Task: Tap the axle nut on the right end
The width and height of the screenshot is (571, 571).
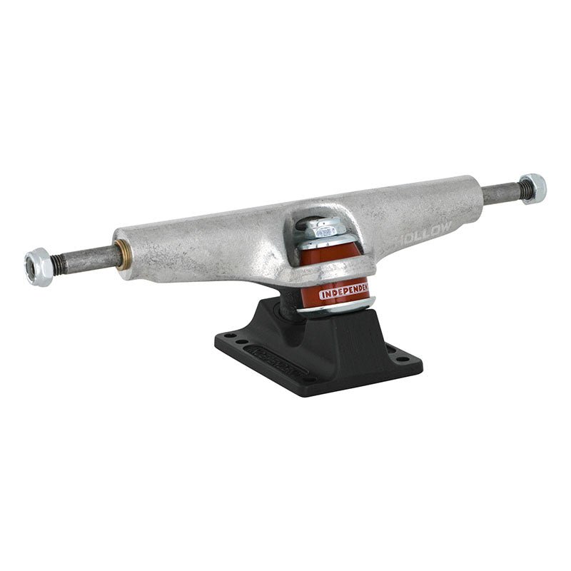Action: (532, 188)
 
